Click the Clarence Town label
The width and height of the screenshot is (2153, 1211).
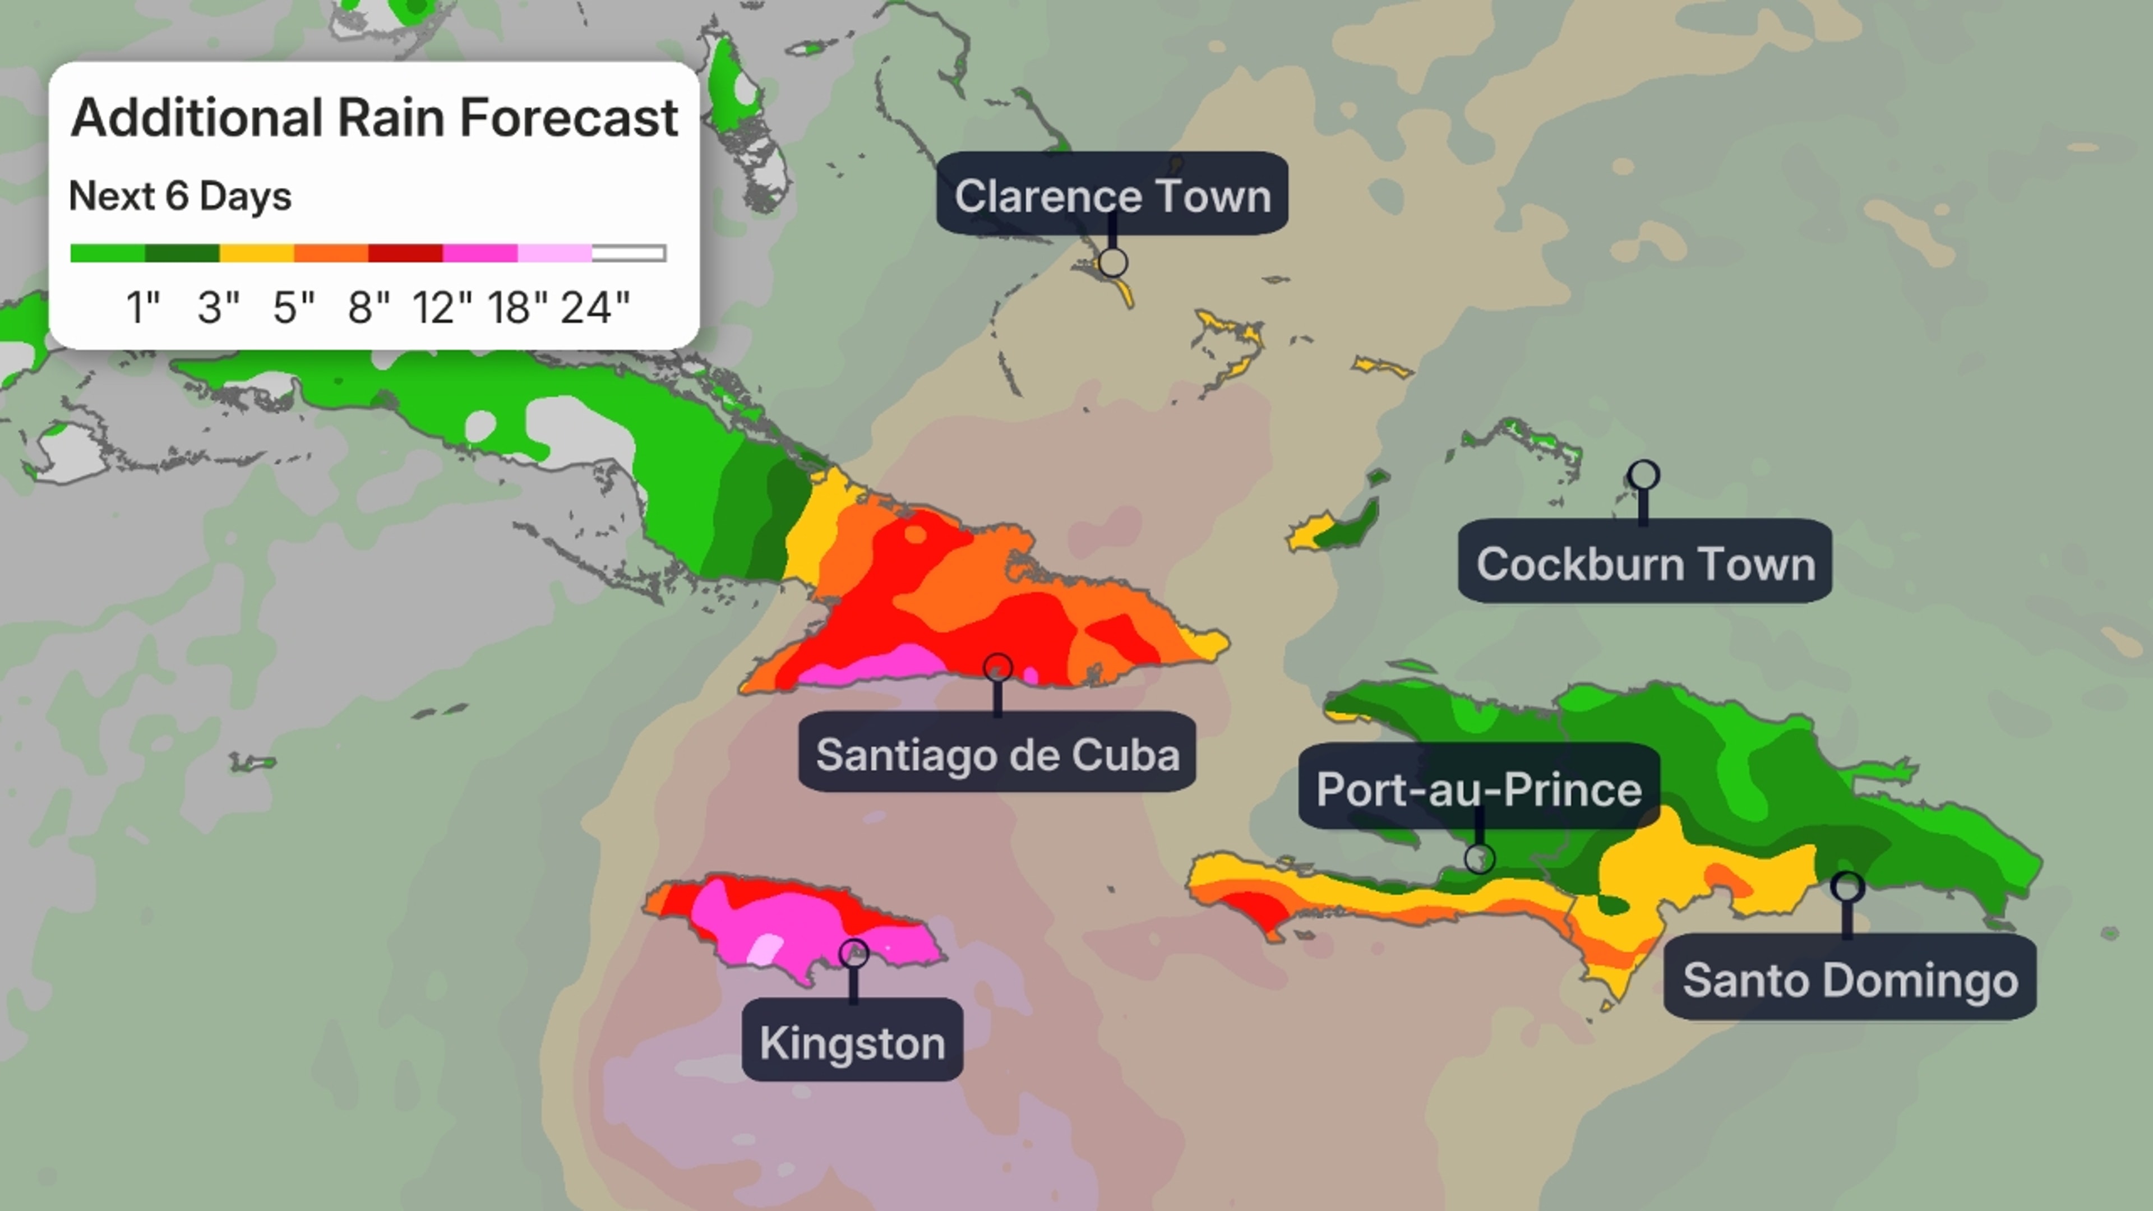(1112, 194)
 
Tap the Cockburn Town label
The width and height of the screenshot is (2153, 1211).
(1645, 562)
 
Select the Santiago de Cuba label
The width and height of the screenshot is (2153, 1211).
(997, 753)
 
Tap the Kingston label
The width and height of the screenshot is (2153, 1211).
(852, 1041)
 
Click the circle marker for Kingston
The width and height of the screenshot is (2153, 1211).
(853, 953)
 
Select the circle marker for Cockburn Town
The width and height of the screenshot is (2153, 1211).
(1643, 475)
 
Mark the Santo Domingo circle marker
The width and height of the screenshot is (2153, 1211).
(1847, 887)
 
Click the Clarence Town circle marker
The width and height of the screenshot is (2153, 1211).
(1112, 262)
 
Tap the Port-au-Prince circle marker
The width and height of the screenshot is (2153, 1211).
(1480, 858)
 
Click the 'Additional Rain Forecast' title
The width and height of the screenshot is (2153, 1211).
(373, 117)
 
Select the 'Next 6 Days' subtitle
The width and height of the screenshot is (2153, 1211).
(179, 196)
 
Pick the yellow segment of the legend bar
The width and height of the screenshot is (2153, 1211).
(257, 252)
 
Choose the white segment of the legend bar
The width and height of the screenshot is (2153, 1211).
(629, 252)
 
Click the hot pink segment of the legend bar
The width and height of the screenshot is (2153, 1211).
(480, 252)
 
